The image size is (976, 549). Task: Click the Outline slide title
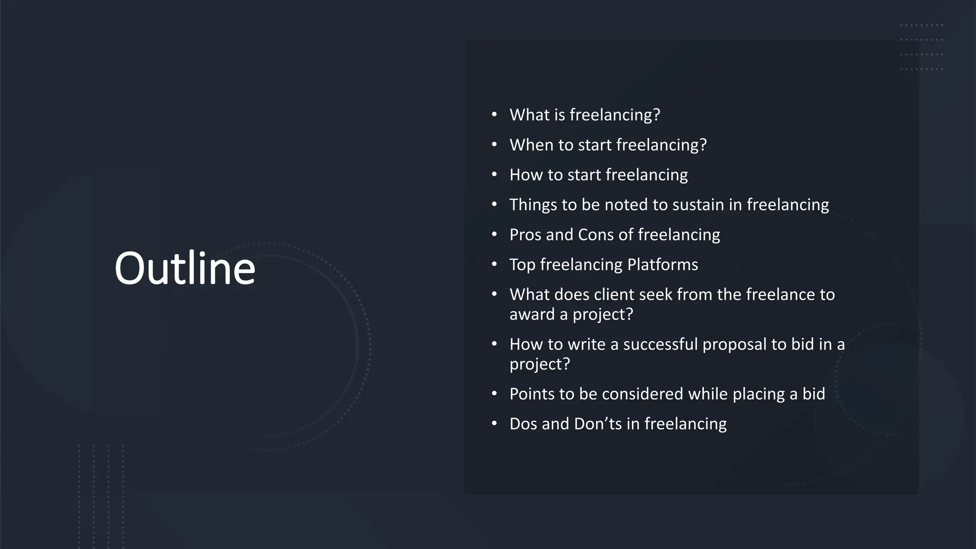point(185,268)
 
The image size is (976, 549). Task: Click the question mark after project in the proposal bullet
point(566,364)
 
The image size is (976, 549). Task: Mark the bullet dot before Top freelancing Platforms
point(494,264)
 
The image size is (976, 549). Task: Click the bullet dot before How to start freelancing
point(494,174)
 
